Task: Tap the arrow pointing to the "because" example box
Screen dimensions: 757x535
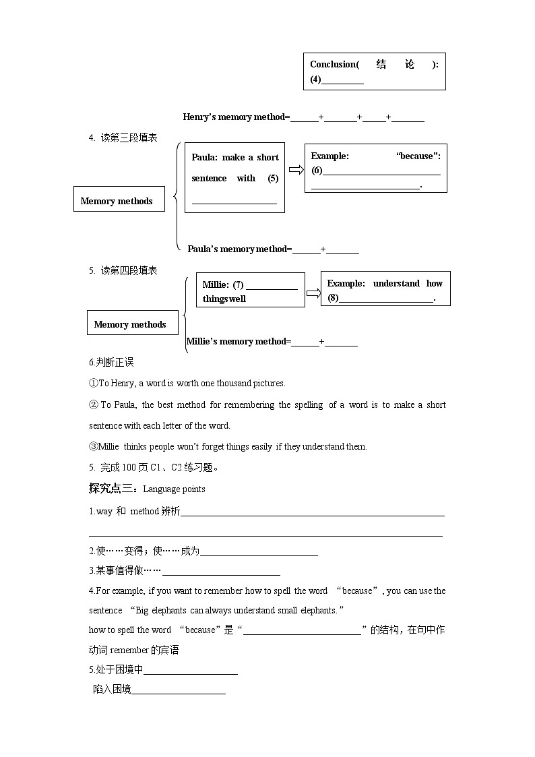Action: coord(294,169)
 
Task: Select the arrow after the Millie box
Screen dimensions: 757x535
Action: coord(313,293)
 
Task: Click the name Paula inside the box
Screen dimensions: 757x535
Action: coord(203,158)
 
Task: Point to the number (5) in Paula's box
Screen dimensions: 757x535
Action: coord(273,179)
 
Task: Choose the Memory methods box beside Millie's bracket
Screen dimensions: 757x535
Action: coord(131,324)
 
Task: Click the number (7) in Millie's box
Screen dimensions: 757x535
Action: coord(239,285)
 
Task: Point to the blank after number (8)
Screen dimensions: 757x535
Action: coord(386,299)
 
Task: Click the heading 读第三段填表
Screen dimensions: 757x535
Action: coord(129,138)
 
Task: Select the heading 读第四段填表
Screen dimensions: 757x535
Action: coord(129,270)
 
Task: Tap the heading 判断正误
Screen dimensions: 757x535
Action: coord(115,363)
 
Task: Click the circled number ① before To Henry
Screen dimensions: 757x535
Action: coord(94,384)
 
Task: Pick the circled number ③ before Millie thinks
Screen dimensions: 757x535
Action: coord(94,446)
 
